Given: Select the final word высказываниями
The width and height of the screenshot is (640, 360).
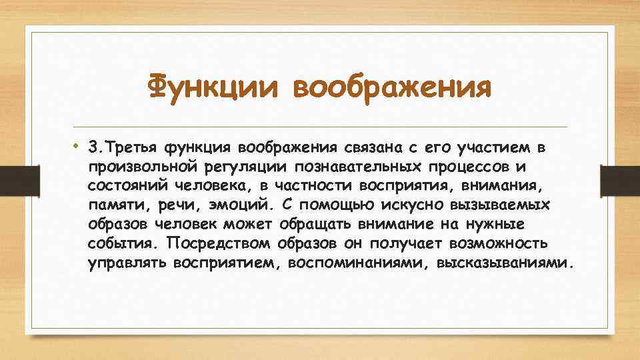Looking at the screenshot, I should point(503,262).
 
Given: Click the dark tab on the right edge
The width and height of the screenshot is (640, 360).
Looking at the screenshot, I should point(620,180).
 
